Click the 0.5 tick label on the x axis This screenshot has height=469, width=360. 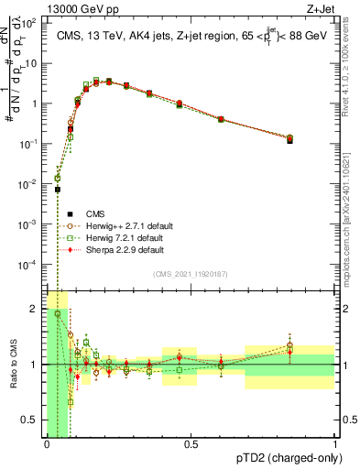tap(191, 445)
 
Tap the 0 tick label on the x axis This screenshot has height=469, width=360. tap(47, 445)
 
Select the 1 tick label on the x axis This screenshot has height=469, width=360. tap(334, 445)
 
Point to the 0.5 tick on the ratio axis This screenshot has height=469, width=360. tap(30, 421)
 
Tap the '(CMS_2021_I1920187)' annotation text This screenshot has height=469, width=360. tap(191, 274)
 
